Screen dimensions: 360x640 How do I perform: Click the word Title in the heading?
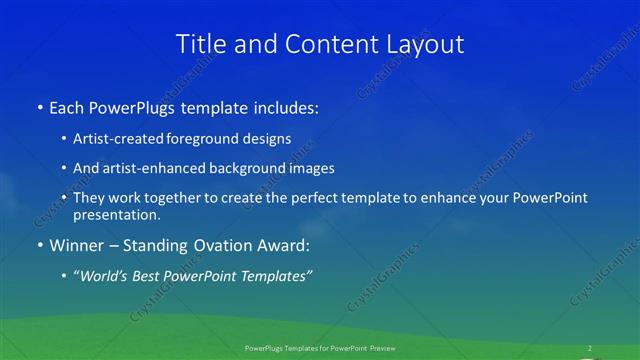pos(200,44)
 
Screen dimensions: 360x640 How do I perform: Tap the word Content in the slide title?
pos(323,44)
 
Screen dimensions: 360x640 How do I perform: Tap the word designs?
pos(267,140)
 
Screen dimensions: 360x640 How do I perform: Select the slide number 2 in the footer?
pos(589,348)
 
